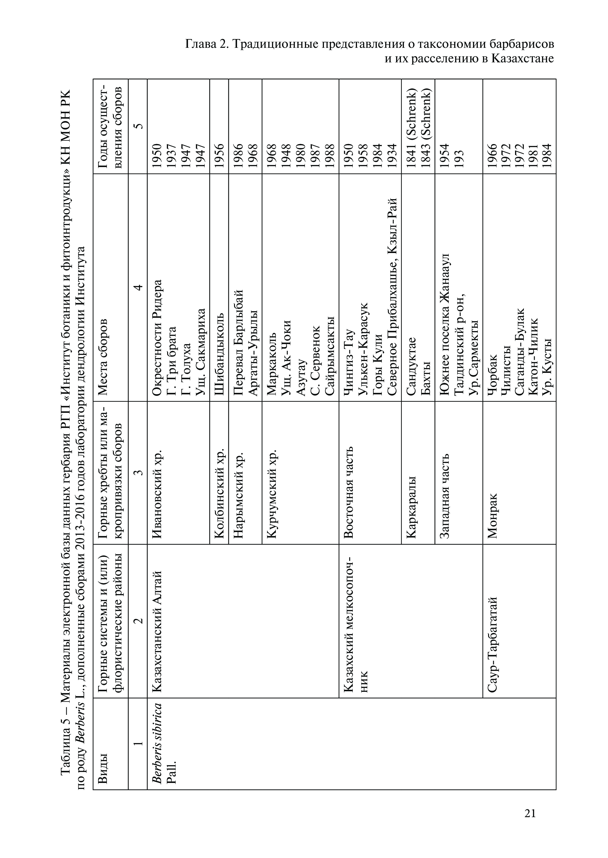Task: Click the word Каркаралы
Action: [411, 507]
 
